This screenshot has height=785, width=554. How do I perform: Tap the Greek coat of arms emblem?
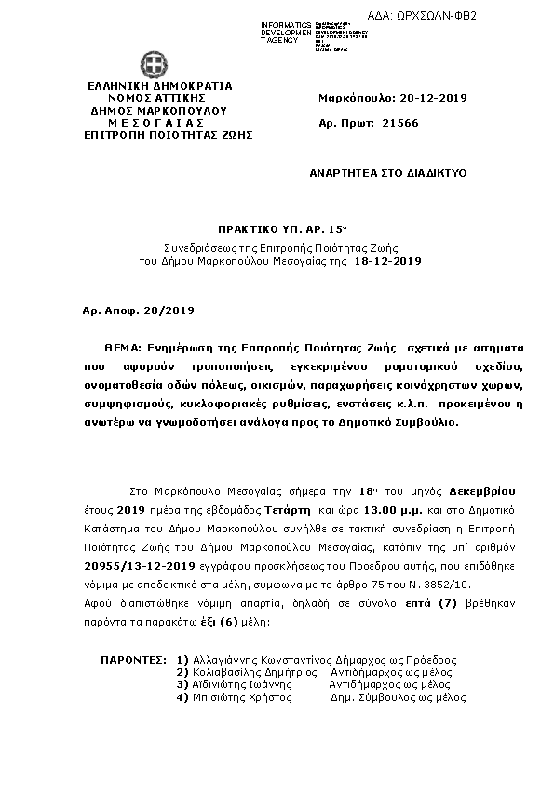click(155, 65)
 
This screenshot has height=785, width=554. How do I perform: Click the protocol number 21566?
click(400, 123)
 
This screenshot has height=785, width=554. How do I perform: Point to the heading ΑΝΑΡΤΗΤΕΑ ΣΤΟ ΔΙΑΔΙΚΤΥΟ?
click(388, 173)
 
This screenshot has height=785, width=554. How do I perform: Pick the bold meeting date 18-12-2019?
click(388, 262)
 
